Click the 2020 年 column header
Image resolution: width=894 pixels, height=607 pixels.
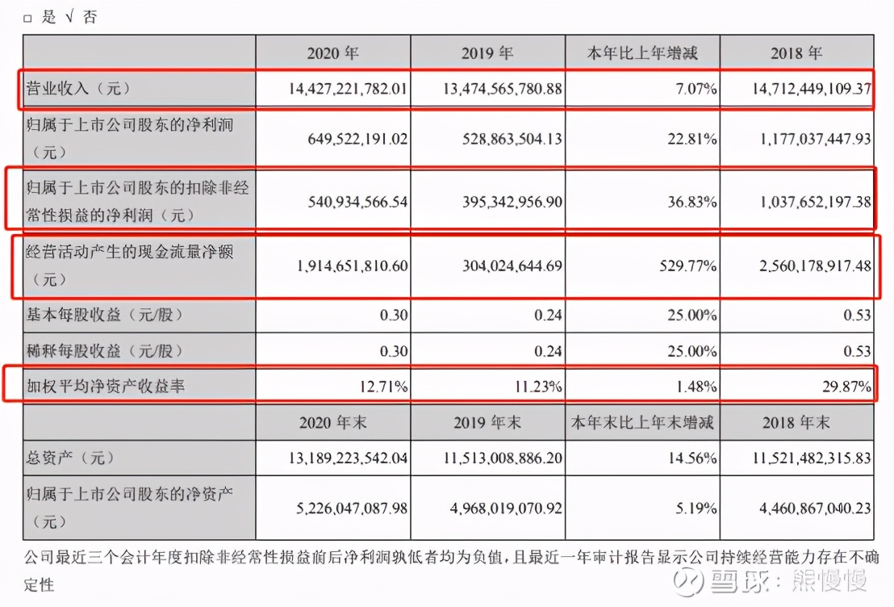pos(332,53)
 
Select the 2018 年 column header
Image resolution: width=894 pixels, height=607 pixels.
pos(796,53)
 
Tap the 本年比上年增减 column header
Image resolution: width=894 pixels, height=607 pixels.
pos(642,53)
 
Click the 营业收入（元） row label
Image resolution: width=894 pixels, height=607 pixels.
pos(77,89)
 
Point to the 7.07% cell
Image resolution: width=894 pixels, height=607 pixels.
pos(699,89)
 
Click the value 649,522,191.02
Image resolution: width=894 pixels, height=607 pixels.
pos(353,138)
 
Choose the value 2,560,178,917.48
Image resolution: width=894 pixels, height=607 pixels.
pos(812,266)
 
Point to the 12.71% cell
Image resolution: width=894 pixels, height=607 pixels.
pos(383,387)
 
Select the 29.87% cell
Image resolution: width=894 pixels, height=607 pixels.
pos(847,387)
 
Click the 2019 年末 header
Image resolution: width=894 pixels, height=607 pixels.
pos(487,422)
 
